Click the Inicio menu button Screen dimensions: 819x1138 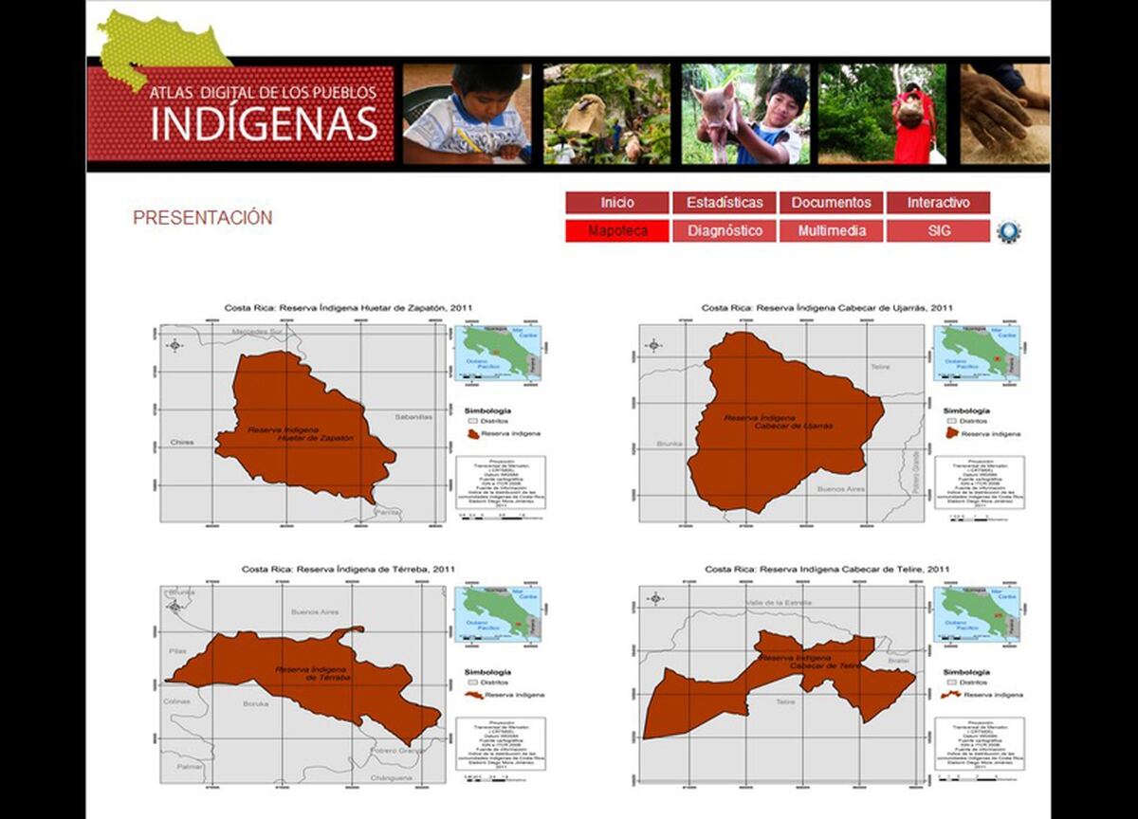pos(617,203)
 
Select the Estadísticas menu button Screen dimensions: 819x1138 pos(725,203)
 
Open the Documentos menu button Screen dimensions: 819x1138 pos(831,203)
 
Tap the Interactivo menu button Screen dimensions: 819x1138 pos(938,203)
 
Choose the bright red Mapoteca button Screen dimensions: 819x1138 pos(617,230)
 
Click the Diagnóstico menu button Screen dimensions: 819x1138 pos(725,230)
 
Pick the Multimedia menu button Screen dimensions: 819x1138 pos(831,230)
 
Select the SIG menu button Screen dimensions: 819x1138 pos(938,230)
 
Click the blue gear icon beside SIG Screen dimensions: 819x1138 pos(1008,230)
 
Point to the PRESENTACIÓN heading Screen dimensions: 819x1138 pos(202,218)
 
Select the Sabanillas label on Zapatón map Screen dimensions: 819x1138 pos(413,416)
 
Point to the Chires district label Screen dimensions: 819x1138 pos(182,443)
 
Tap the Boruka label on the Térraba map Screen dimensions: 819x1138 pos(255,703)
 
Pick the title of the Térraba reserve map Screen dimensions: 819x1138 pos(348,569)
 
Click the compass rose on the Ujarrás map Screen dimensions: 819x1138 pos(653,345)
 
